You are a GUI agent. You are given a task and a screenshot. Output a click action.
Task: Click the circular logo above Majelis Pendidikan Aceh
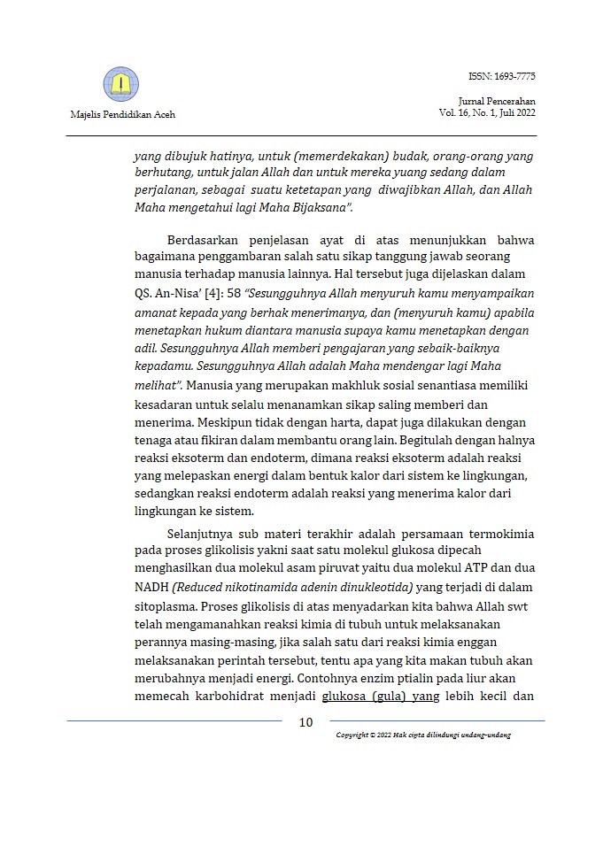click(x=121, y=84)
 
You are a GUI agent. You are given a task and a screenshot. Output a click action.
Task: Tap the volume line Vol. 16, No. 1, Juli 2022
click(x=486, y=114)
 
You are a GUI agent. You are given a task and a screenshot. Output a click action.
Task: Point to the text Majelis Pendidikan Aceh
click(x=121, y=116)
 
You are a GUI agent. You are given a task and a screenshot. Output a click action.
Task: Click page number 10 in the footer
click(x=305, y=722)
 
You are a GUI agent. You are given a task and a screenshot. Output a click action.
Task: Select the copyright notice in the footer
click(x=423, y=735)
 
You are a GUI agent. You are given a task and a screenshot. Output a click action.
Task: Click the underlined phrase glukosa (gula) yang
click(x=381, y=697)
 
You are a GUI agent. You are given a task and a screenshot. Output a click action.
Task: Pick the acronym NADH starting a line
click(x=149, y=589)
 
